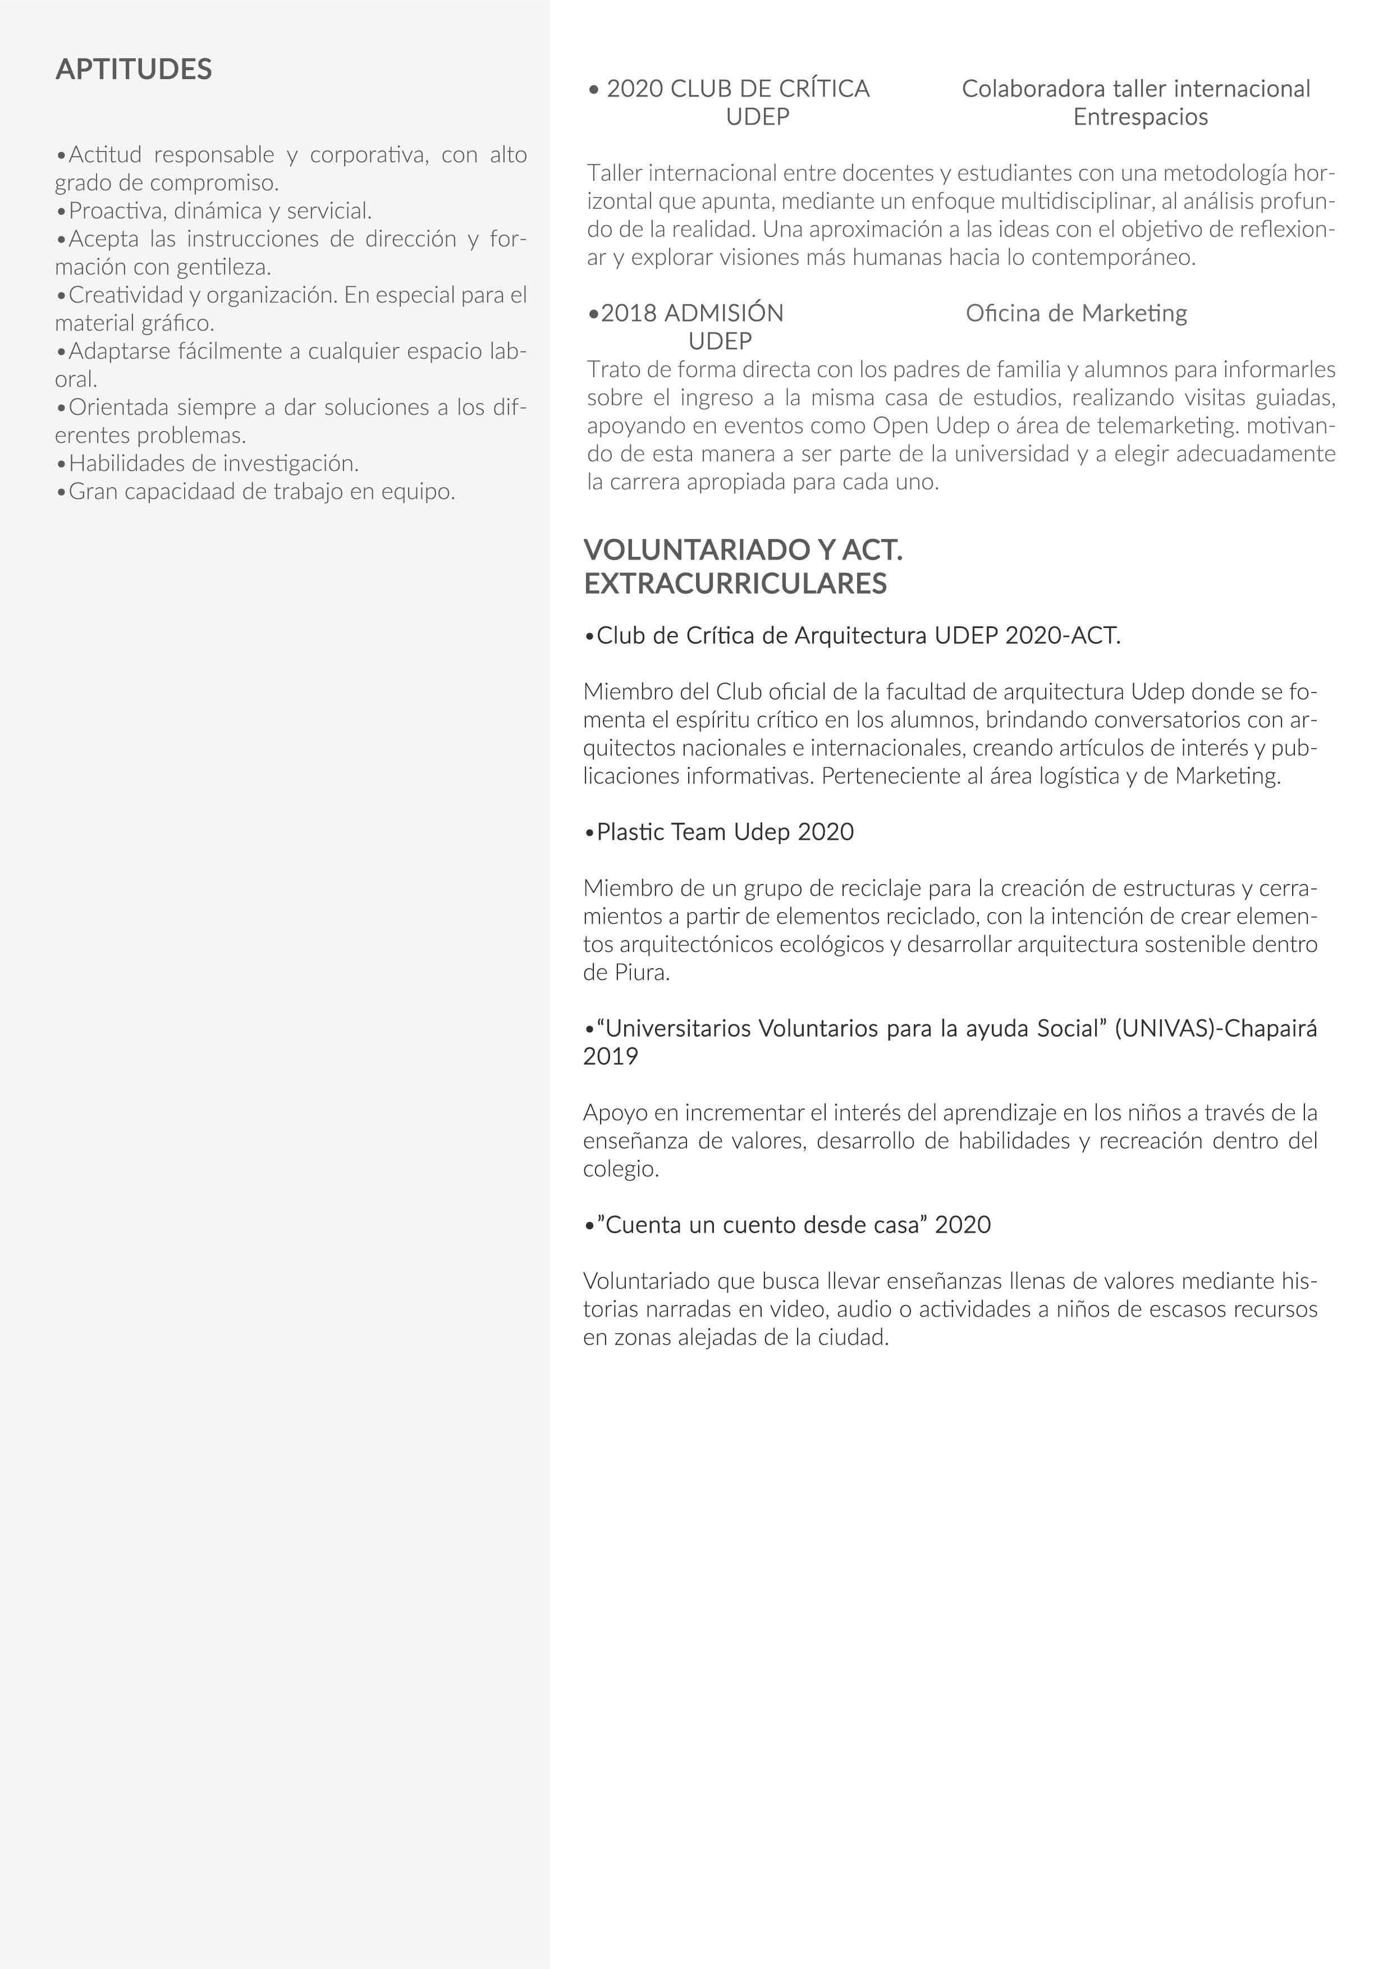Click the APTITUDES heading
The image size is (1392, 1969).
[134, 70]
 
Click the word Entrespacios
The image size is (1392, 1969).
[1140, 117]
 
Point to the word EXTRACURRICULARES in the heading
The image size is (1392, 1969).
[735, 584]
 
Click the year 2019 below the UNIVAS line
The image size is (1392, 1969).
[611, 1056]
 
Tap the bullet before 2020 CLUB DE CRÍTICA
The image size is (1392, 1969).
[593, 89]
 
